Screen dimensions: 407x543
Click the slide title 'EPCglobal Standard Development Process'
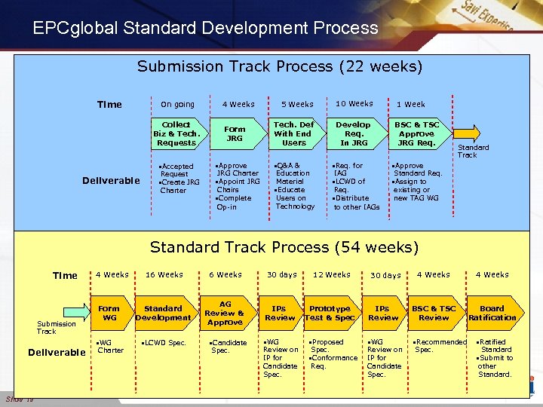click(x=205, y=29)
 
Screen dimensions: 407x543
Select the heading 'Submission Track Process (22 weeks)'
click(x=280, y=66)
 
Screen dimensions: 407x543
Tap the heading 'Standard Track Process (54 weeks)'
click(x=284, y=247)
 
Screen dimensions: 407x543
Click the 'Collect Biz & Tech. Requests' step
click(x=176, y=133)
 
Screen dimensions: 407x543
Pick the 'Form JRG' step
click(x=235, y=133)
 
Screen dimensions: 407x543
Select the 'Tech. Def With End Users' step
click(x=293, y=133)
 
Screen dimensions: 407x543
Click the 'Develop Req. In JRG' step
click(x=353, y=133)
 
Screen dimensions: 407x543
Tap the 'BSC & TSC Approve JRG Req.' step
click(x=416, y=133)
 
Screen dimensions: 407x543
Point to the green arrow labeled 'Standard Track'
click(x=466, y=133)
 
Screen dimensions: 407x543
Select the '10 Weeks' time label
click(x=354, y=104)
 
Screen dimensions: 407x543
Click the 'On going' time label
click(x=177, y=105)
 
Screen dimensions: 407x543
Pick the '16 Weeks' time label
click(x=164, y=275)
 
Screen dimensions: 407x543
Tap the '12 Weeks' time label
click(x=331, y=275)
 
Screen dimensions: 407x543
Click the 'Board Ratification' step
click(x=492, y=313)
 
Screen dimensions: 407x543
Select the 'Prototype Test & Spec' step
click(x=330, y=313)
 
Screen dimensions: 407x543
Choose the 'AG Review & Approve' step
click(x=224, y=313)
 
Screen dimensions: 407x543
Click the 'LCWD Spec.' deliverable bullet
click(x=164, y=343)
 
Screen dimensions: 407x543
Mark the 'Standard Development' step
click(x=163, y=313)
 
